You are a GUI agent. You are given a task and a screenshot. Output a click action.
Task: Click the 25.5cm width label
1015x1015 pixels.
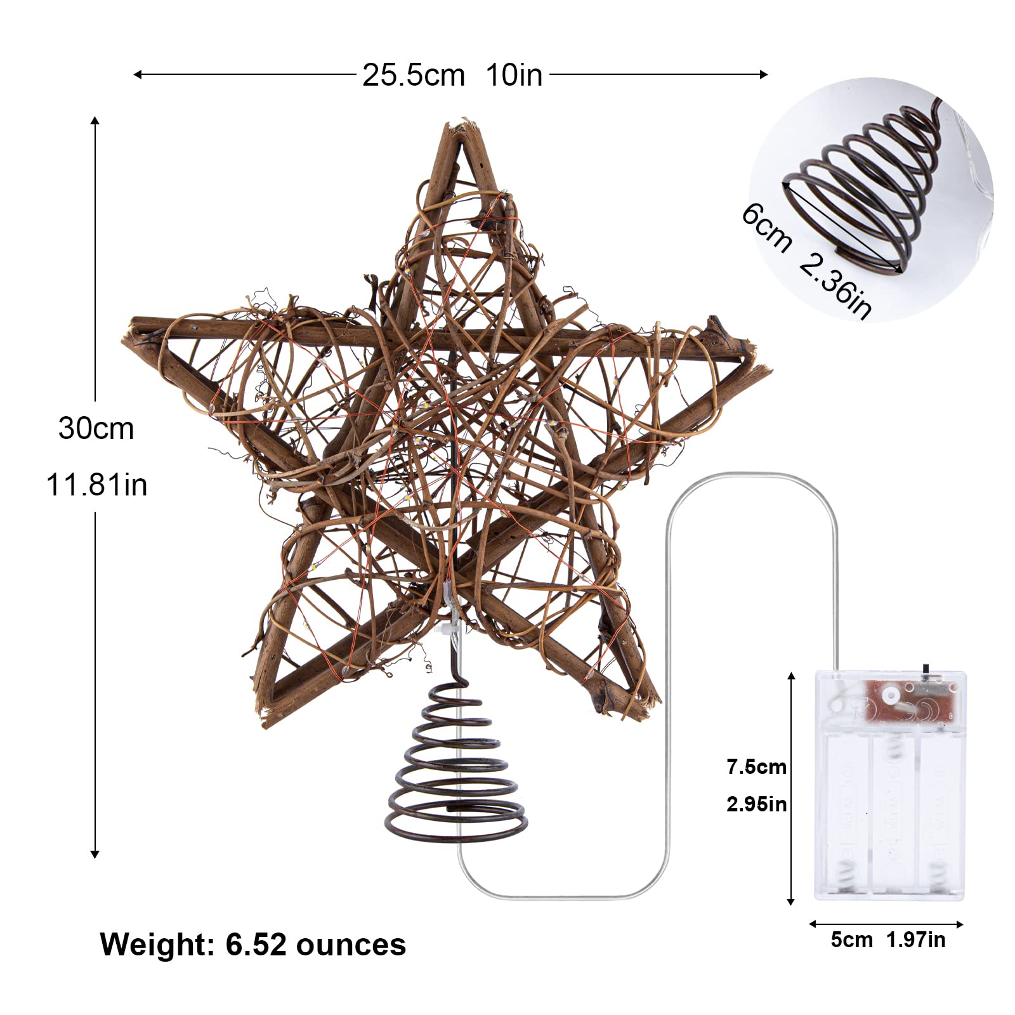[413, 75]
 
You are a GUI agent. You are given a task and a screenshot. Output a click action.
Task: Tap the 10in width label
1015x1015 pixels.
[514, 75]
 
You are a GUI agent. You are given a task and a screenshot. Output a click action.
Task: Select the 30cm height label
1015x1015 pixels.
[96, 428]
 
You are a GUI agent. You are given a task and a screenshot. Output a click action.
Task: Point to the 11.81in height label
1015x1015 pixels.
[96, 485]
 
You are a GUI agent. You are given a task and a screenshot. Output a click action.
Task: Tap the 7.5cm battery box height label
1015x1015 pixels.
[756, 767]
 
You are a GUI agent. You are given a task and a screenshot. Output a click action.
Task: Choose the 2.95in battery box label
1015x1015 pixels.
[756, 804]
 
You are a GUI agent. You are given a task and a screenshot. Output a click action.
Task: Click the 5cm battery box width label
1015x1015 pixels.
[851, 940]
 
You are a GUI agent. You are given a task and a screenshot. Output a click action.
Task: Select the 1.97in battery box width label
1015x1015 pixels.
[915, 940]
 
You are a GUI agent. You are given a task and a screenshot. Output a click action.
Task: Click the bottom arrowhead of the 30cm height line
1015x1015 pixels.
[95, 854]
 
